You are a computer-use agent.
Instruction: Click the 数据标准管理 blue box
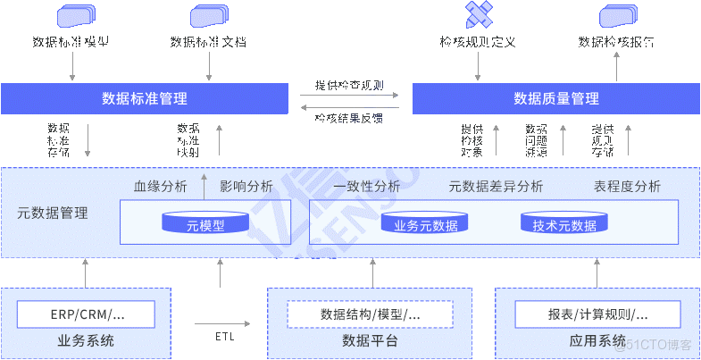pos(145,98)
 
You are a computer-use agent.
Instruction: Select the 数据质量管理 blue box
pos(555,98)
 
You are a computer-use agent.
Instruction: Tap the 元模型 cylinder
pos(204,223)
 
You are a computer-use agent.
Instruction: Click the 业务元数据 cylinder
pos(425,223)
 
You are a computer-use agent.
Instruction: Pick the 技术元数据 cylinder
pos(563,223)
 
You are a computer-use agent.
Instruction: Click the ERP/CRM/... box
pos(86,314)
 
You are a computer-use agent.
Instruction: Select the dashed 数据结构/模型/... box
pos(370,314)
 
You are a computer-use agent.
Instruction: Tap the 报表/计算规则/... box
pos(597,314)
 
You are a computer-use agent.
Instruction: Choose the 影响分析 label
pos(246,187)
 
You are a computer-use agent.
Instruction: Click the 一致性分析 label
pos(366,187)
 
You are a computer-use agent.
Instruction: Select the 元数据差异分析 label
pos(496,187)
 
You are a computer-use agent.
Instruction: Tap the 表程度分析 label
pos(627,187)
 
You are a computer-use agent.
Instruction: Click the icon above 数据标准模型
pos(76,15)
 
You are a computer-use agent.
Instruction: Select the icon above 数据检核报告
pos(617,15)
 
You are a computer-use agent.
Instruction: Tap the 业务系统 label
pos(86,341)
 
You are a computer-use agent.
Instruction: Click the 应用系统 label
pos(597,341)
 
